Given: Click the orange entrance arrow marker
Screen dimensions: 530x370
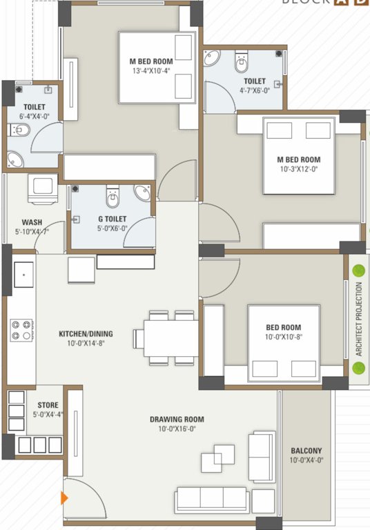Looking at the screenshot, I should click(x=65, y=498).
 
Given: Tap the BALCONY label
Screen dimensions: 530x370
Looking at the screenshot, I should click(x=306, y=451).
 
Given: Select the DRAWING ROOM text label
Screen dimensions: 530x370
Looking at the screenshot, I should click(x=177, y=419).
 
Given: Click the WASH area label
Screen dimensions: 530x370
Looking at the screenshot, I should click(x=31, y=222).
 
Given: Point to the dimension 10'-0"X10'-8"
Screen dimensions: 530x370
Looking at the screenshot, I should click(x=293, y=337).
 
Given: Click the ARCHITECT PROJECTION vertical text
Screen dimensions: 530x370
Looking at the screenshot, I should click(x=358, y=318).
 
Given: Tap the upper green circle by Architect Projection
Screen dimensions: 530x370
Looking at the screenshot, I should click(x=358, y=269).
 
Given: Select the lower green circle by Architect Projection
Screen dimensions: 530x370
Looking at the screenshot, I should click(x=358, y=367).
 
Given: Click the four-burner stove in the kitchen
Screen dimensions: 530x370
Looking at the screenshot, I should click(x=21, y=329).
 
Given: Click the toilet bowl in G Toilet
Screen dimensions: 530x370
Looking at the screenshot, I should click(x=113, y=199).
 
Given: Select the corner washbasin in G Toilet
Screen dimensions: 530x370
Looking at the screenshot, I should click(x=143, y=193).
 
